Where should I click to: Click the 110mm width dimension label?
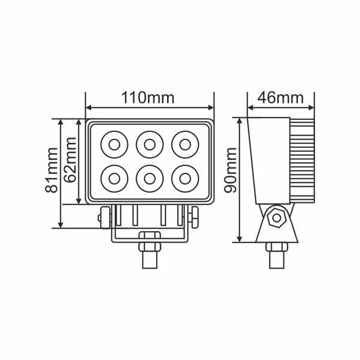pos(148,98)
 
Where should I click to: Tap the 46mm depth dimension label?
pos(280,98)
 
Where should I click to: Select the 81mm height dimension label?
pos(51,170)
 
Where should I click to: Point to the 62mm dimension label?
pos(70,160)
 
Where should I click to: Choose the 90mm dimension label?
pos(230,170)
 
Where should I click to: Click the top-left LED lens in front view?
pos(115,145)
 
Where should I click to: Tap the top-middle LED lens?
pos(149,145)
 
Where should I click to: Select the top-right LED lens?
pos(185,145)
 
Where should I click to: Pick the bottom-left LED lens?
pos(115,179)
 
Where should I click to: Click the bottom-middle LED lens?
pos(149,179)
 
